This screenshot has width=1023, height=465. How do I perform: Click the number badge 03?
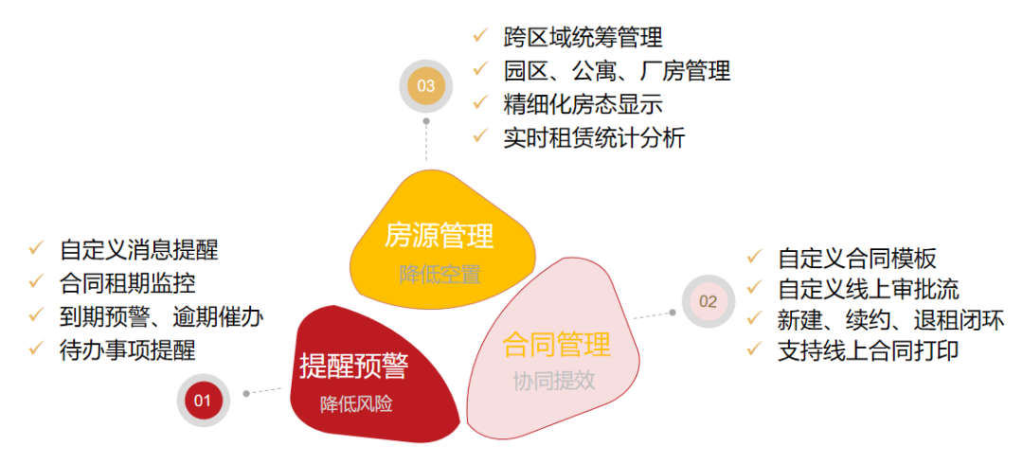[425, 87]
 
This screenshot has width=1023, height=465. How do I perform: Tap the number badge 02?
[708, 302]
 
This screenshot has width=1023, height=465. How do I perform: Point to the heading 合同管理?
[556, 344]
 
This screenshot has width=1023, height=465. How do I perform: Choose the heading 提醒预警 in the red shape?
[355, 366]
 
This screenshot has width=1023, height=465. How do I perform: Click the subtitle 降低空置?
[440, 275]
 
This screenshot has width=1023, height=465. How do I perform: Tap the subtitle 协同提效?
[554, 381]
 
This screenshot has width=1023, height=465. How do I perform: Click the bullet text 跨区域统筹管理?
[583, 38]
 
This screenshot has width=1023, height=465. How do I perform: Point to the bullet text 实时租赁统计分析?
[594, 137]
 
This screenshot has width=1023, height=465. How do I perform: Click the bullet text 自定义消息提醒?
[138, 250]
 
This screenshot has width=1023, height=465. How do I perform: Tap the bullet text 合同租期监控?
[127, 283]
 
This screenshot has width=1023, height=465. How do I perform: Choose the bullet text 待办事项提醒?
[127, 349]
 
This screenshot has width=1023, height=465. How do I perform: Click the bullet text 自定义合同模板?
[857, 258]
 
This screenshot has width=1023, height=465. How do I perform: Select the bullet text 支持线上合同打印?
[868, 350]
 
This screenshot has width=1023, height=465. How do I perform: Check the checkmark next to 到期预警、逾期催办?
[37, 315]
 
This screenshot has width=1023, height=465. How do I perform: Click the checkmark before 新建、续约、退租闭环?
[755, 318]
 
